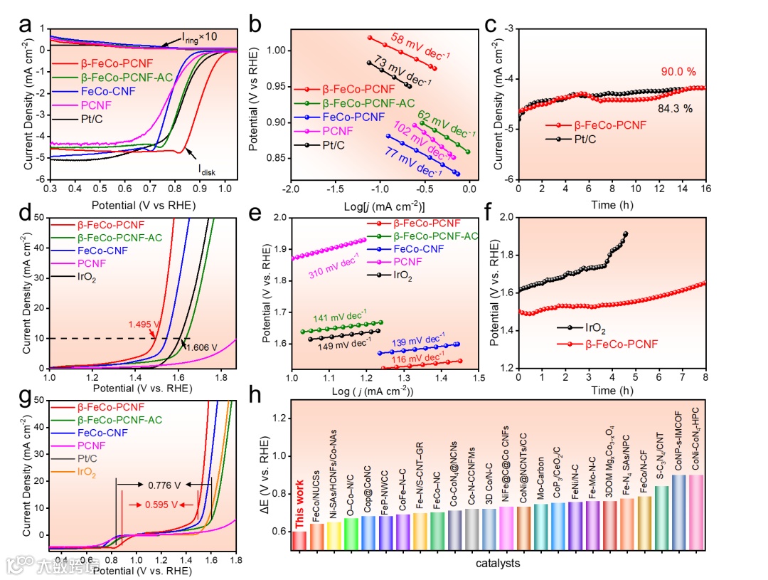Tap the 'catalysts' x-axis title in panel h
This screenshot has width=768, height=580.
[498, 563]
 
